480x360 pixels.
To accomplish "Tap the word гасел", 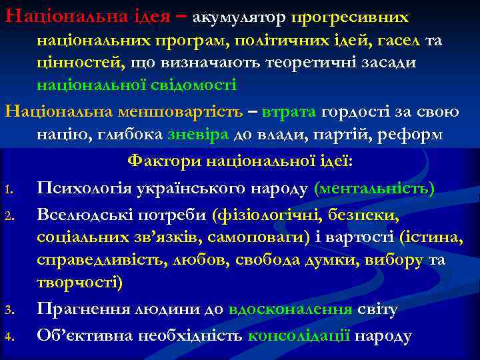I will [395, 41].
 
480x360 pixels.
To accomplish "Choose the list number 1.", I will [9, 190].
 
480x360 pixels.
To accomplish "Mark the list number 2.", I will [9, 214].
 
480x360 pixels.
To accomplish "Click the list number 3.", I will [9, 311].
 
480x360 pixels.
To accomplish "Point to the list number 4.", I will [9, 335].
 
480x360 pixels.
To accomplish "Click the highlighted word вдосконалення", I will [291, 309].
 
